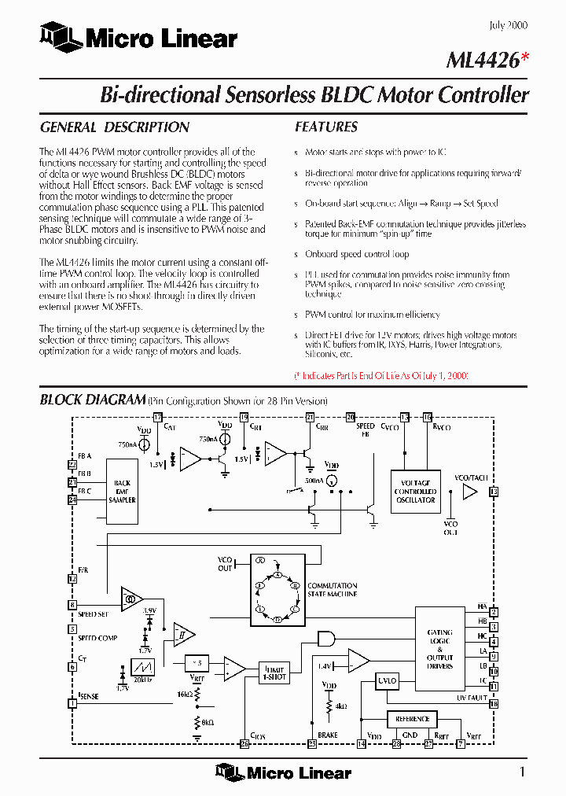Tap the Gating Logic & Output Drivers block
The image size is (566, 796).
(x=439, y=649)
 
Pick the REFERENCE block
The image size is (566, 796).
(x=412, y=719)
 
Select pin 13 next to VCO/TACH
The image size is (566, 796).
(x=494, y=492)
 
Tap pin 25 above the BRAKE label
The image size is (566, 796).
(x=312, y=743)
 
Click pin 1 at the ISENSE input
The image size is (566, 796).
(x=72, y=702)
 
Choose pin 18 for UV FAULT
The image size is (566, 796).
(x=494, y=703)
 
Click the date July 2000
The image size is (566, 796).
(x=508, y=25)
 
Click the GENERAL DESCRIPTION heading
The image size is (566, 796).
(x=115, y=127)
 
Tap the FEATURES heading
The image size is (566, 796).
(x=326, y=127)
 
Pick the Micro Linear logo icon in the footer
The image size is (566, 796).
(x=229, y=773)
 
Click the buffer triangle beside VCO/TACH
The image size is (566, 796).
(x=469, y=492)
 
